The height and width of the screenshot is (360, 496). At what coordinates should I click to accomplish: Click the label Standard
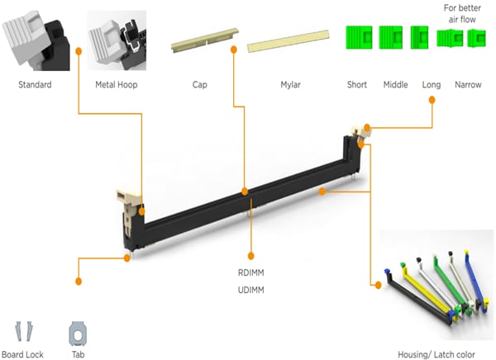pos(35,85)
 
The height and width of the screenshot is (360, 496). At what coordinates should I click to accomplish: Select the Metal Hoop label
pos(117,85)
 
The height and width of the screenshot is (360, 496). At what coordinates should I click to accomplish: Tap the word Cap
pos(199,85)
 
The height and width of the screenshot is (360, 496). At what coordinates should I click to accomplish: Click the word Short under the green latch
pos(357,85)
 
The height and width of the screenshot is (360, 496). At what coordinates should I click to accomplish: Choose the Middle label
pos(395,85)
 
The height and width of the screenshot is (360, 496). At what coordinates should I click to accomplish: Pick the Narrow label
pos(468,85)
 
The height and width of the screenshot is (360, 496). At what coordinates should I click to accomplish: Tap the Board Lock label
pos(22,354)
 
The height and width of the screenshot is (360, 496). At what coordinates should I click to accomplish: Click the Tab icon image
pos(76,334)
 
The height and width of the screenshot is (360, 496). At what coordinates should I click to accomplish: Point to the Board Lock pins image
pos(22,332)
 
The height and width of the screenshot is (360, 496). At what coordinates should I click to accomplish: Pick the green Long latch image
pos(420,36)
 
